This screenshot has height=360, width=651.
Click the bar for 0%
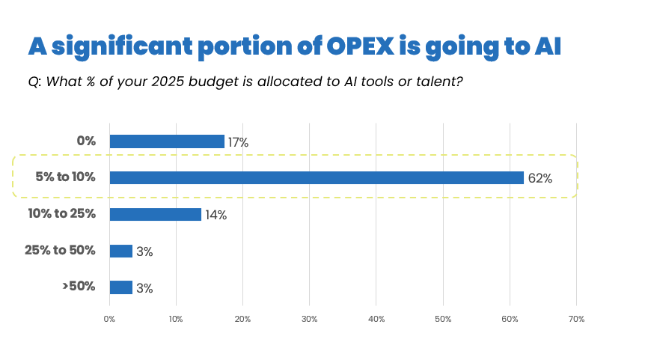point(167,141)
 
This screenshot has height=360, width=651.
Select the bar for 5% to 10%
point(317,177)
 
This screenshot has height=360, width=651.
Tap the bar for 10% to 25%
point(156,214)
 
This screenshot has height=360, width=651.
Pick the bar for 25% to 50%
point(121,251)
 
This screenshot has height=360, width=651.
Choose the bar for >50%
point(121,287)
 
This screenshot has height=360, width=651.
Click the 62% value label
point(540,179)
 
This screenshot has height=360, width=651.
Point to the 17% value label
point(238,142)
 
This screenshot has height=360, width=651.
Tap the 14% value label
point(216,216)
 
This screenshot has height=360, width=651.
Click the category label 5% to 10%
point(66,177)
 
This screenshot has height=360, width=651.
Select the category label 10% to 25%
point(62,213)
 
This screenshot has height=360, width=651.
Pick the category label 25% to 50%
point(61,250)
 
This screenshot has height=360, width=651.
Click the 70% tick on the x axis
point(576,320)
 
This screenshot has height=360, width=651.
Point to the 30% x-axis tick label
point(309,320)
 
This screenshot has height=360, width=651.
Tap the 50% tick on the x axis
point(443,320)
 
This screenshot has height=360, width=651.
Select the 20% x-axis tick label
point(242,320)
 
